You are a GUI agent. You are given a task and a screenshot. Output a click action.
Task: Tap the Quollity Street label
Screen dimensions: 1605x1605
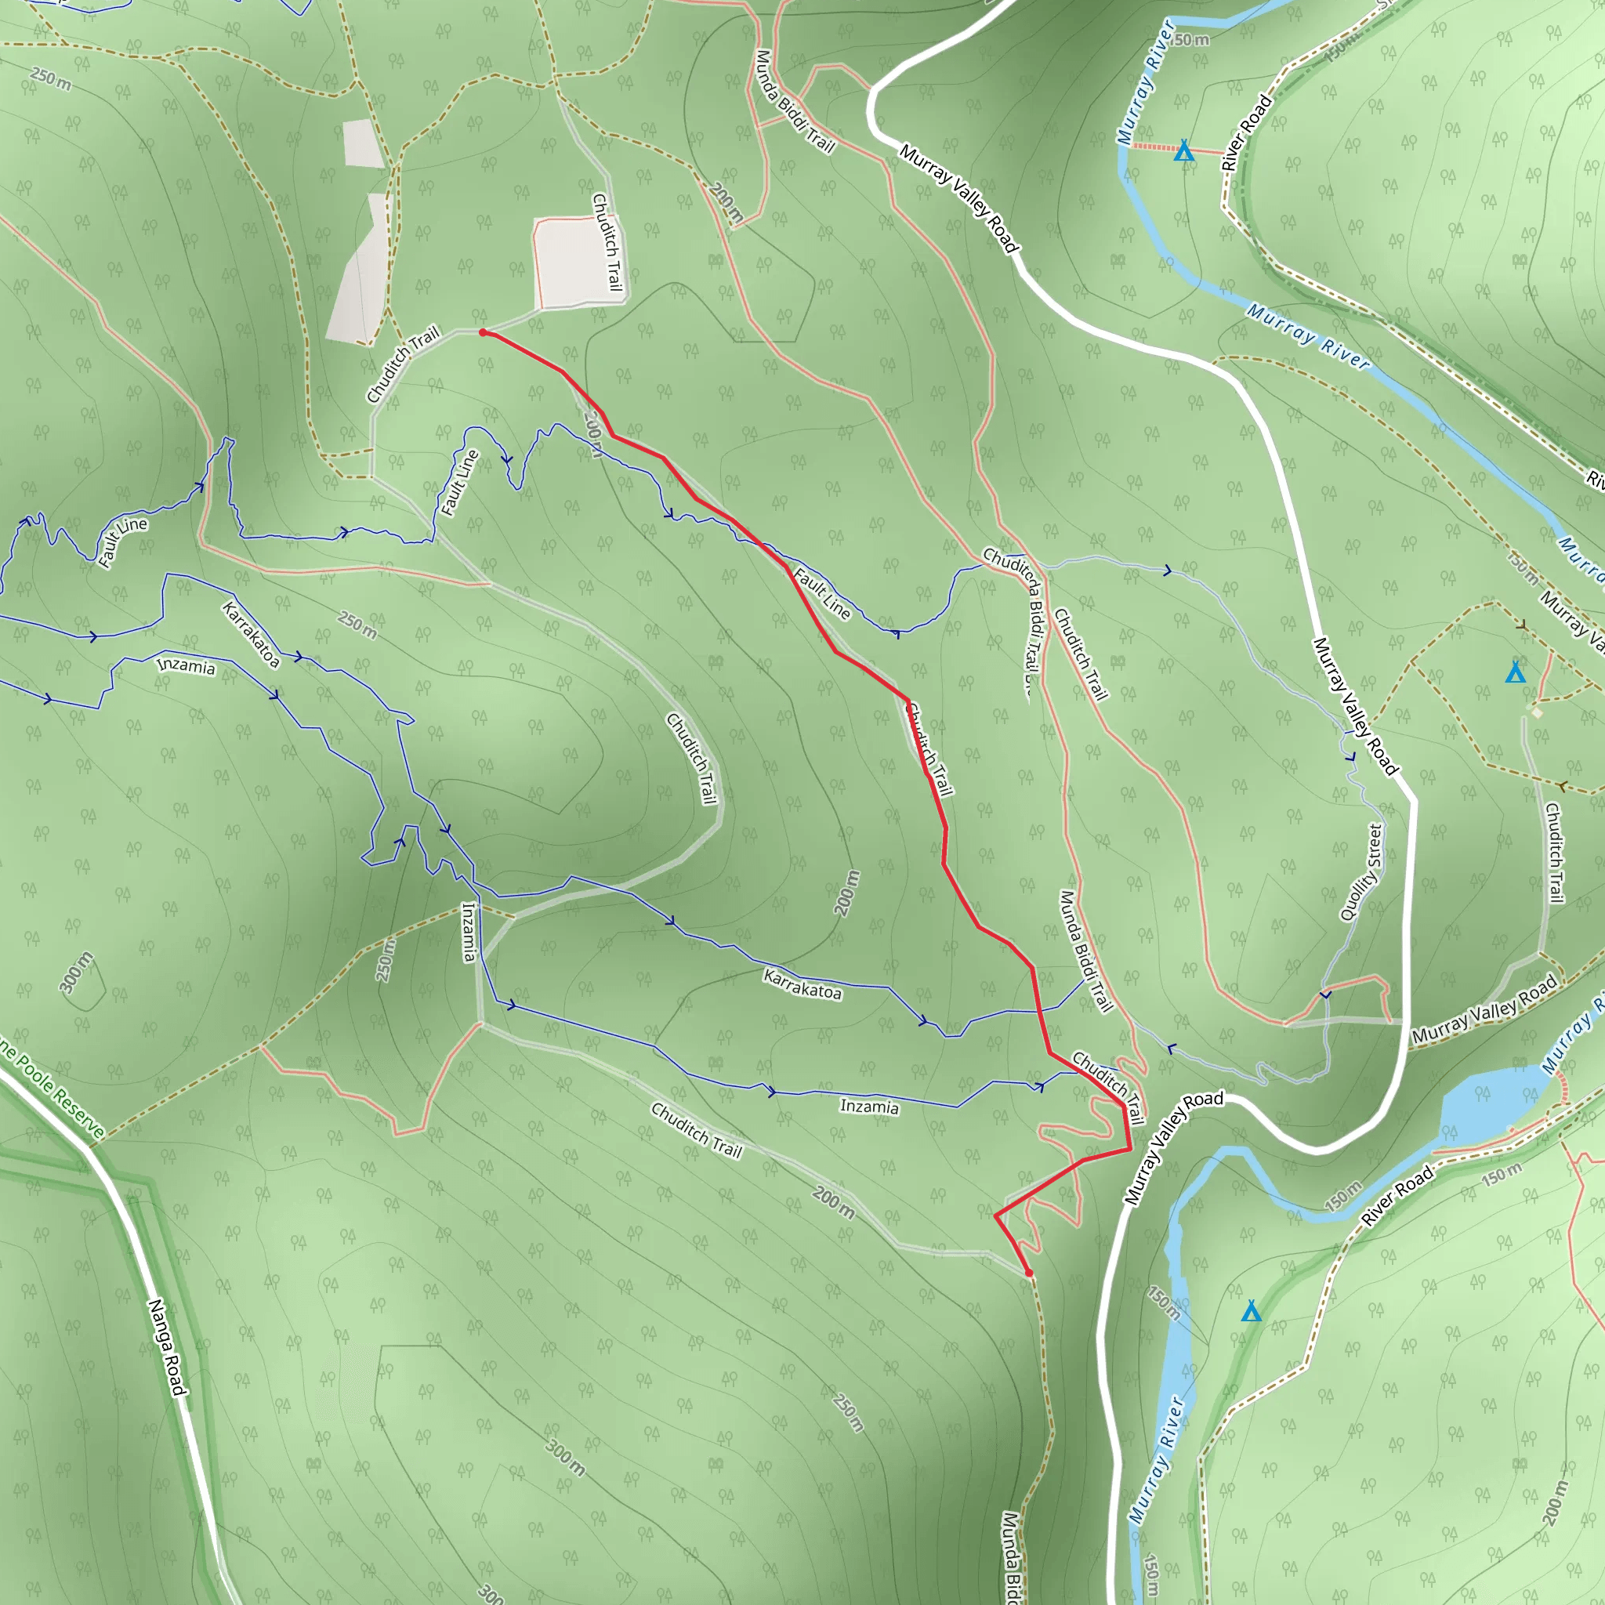coord(1360,872)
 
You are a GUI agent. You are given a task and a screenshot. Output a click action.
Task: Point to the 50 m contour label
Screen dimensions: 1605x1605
coord(1192,40)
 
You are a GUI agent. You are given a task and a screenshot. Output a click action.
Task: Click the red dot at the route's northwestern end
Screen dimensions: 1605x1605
coord(483,332)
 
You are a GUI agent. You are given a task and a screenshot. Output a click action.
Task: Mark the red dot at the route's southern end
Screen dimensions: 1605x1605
coord(1028,1273)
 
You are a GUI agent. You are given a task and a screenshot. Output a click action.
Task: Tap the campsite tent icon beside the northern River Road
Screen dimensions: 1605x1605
coord(1184,151)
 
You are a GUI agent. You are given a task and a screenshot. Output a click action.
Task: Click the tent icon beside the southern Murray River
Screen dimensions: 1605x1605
coord(1251,1311)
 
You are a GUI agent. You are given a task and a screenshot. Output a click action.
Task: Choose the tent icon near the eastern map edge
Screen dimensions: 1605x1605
coord(1516,672)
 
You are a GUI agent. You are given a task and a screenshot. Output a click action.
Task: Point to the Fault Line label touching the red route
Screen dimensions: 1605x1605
coord(821,593)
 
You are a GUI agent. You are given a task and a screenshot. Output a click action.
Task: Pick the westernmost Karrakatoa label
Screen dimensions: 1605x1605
coord(251,635)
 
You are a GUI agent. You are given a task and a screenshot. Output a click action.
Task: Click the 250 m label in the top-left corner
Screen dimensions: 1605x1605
coord(51,79)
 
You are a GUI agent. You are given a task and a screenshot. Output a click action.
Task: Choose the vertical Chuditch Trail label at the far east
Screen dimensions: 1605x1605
coord(1553,852)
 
